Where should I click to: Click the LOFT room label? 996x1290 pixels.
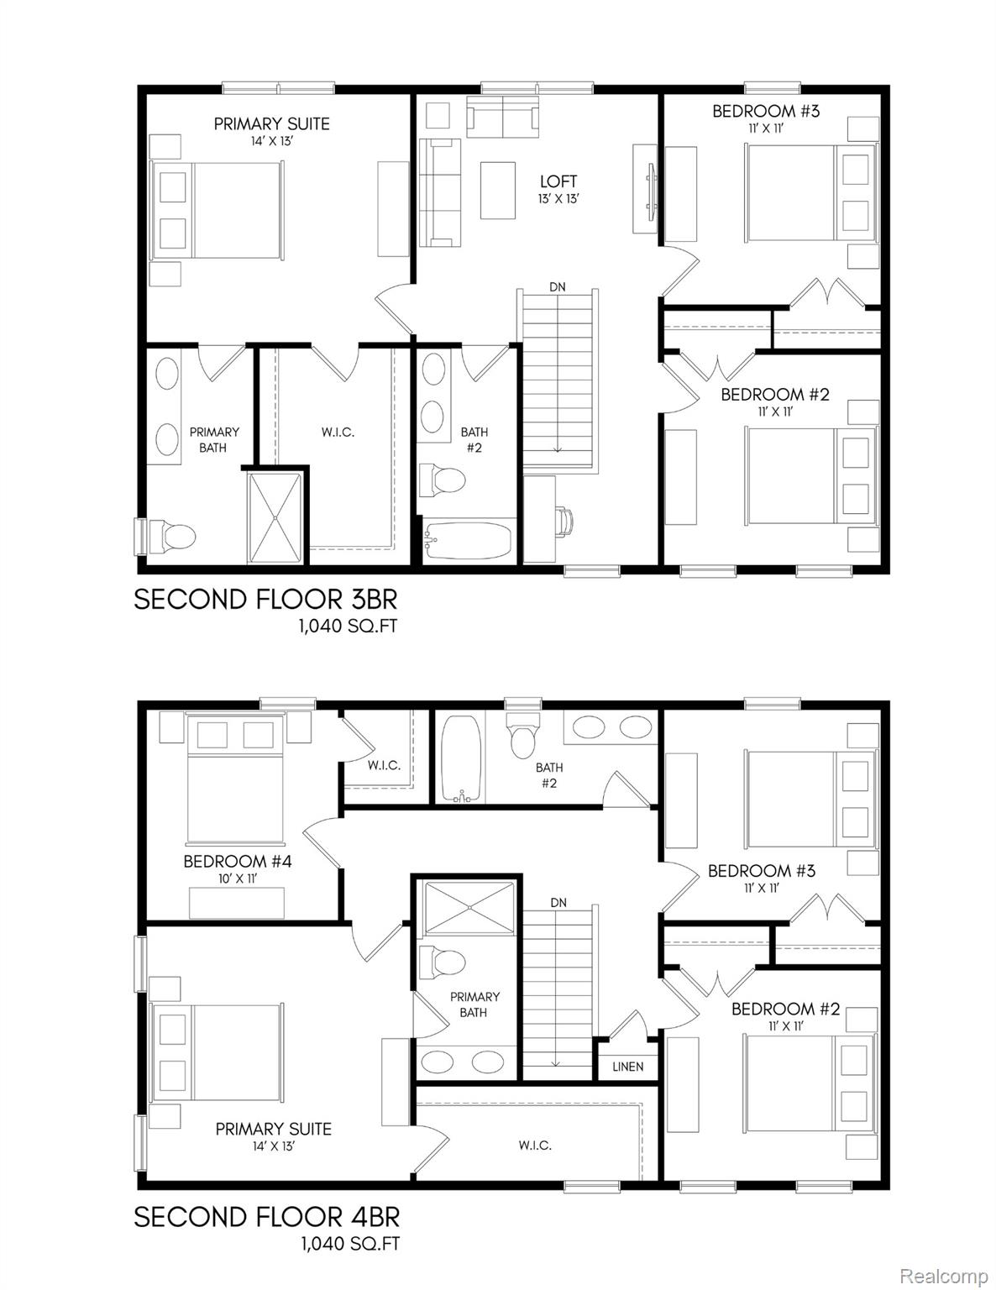pyautogui.click(x=558, y=181)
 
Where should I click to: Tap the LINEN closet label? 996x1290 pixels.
pyautogui.click(x=627, y=1067)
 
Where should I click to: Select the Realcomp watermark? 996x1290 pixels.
pyautogui.click(x=944, y=1277)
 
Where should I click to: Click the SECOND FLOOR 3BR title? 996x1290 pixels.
pyautogui.click(x=265, y=600)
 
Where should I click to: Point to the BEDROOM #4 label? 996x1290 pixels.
pyautogui.click(x=238, y=861)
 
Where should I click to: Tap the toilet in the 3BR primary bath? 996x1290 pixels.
pyautogui.click(x=173, y=535)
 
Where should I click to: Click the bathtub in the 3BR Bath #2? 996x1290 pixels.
pyautogui.click(x=468, y=541)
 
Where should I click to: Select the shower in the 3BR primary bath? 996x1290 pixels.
pyautogui.click(x=274, y=518)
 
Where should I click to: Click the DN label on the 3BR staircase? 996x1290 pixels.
pyautogui.click(x=558, y=287)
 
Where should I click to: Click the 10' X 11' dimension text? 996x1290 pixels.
pyautogui.click(x=237, y=878)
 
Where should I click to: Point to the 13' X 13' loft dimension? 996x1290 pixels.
pyautogui.click(x=558, y=199)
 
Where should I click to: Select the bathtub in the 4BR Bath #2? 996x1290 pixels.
pyautogui.click(x=460, y=758)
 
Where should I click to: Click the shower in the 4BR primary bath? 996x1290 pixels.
pyautogui.click(x=470, y=907)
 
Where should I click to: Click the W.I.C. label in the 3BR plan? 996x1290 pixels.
pyautogui.click(x=338, y=432)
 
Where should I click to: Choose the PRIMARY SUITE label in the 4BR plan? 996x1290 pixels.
pyautogui.click(x=274, y=1129)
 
